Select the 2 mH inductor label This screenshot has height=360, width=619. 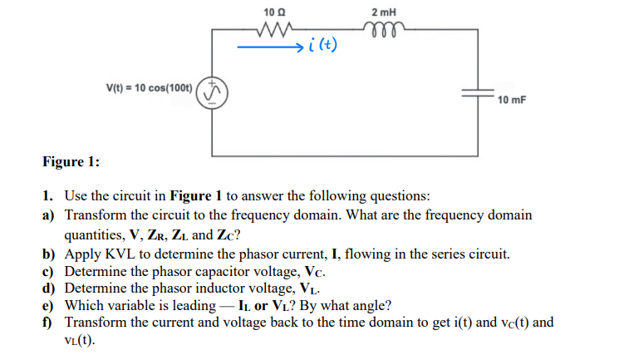point(385,12)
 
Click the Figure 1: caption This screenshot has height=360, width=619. point(71,161)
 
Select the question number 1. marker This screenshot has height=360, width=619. point(50,197)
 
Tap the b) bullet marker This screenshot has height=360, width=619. point(50,254)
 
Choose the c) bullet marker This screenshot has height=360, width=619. point(49,271)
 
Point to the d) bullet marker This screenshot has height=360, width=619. point(50,288)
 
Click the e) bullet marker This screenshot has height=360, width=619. point(49,305)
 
